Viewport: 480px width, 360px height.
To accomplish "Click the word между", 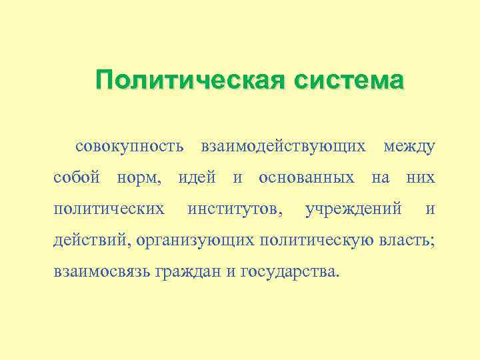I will point(409,145).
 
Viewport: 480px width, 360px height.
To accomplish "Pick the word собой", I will point(77,177).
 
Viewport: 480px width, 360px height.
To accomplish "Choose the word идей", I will point(197,177).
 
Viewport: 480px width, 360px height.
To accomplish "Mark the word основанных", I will point(306,177).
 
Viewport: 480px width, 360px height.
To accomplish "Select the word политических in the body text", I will point(109,209).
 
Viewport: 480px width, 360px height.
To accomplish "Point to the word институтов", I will point(234,209).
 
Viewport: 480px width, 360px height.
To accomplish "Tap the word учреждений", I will point(353,209).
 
